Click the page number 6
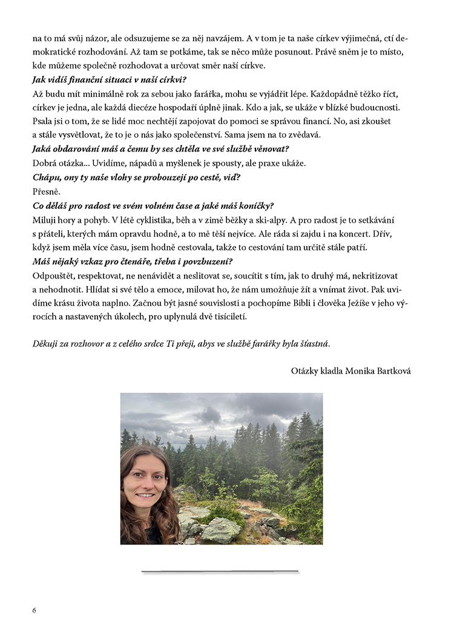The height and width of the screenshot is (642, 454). click(35, 610)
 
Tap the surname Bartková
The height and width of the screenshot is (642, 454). click(395, 370)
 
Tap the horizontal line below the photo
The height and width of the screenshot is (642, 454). click(220, 571)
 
